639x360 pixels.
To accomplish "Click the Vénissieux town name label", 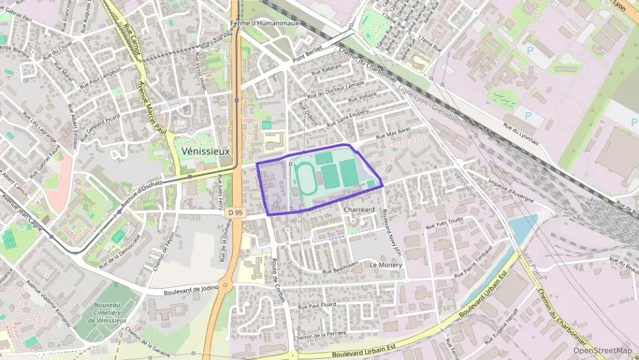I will (x=206, y=150).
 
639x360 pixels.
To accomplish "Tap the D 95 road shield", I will (x=236, y=213).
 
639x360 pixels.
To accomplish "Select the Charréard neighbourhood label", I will (x=359, y=210).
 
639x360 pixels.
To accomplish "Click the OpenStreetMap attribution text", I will (x=602, y=350).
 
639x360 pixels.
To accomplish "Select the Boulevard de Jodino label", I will (x=191, y=290).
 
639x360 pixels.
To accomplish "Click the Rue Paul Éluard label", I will (x=317, y=305).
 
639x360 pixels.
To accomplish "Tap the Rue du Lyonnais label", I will (x=521, y=134).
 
